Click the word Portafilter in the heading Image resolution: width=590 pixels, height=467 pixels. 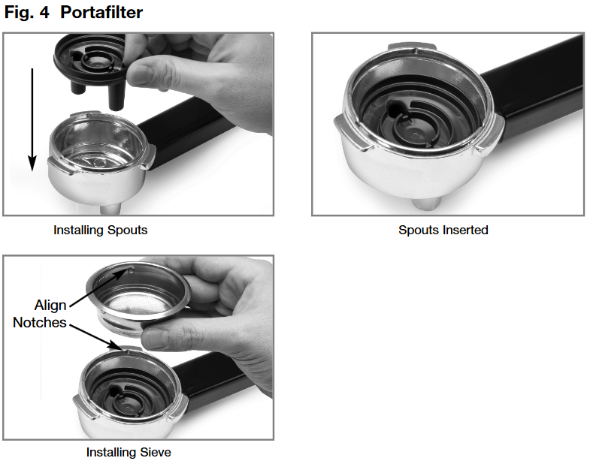point(101,13)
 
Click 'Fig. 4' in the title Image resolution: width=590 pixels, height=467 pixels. point(29,13)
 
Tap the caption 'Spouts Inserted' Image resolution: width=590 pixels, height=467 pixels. point(443,230)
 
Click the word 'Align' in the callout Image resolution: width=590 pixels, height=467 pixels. point(50,306)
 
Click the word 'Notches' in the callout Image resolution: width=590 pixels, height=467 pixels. point(40,323)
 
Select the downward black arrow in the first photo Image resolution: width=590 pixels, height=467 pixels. point(32,120)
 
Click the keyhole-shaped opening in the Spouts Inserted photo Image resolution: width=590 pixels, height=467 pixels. point(398,110)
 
